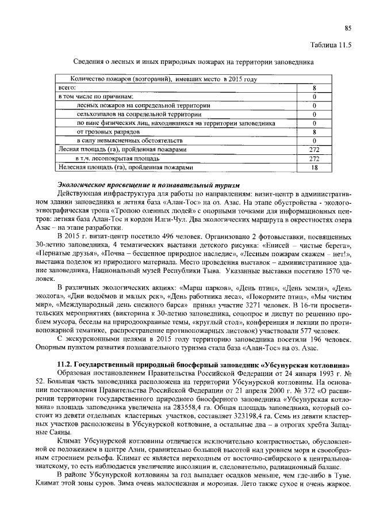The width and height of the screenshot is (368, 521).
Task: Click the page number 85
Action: point(347,28)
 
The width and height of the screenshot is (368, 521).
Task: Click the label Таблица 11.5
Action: point(330,44)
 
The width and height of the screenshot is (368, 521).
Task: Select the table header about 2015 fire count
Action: point(163,79)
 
